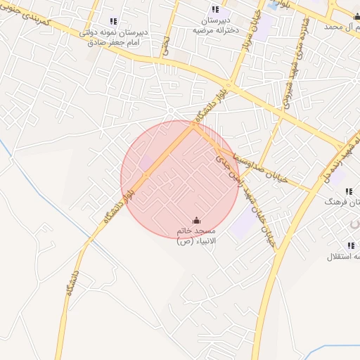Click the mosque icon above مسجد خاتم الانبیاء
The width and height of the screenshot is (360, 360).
(195, 219)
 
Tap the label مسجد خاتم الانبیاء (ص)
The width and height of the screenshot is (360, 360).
(196, 236)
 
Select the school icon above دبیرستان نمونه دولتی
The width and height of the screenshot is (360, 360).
(114, 21)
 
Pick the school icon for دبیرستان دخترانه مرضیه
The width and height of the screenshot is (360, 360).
(215, 9)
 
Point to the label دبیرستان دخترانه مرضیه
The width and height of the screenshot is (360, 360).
(215, 26)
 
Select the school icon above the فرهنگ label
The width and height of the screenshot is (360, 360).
(348, 191)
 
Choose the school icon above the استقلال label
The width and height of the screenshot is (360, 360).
(350, 245)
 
